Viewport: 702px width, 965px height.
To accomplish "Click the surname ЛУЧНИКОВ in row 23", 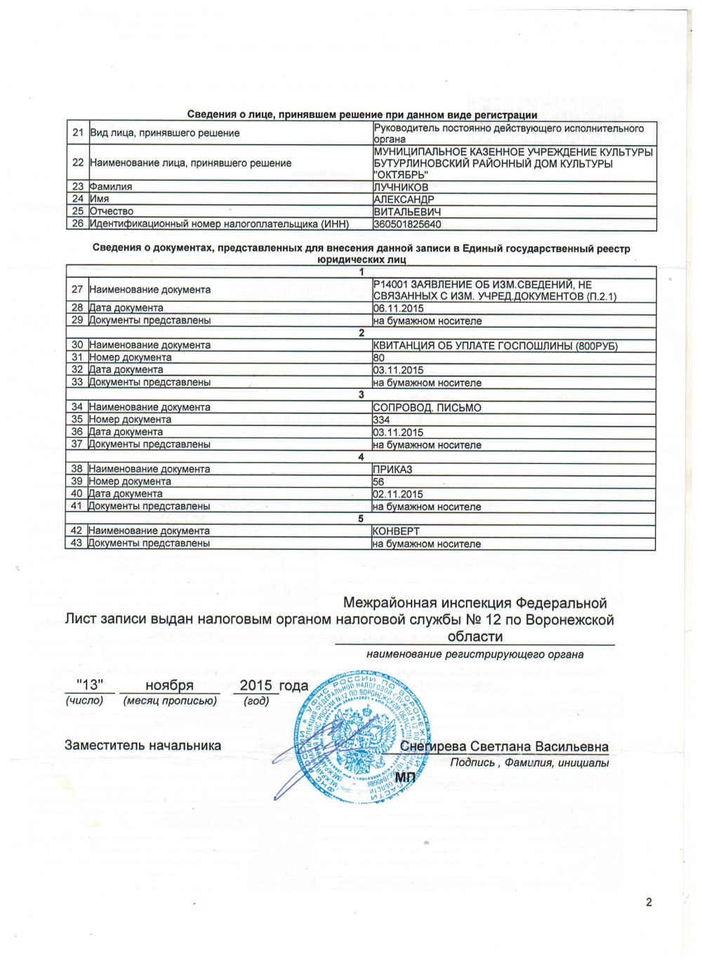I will [x=401, y=187].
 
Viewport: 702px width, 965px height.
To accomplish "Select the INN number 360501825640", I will [x=407, y=225].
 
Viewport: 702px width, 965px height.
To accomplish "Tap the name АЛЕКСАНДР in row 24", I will [x=404, y=199].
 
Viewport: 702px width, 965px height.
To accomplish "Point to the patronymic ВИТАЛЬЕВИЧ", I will [x=407, y=212].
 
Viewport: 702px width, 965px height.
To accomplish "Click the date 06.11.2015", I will [x=398, y=308].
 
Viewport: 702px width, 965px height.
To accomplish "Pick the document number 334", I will [x=381, y=420].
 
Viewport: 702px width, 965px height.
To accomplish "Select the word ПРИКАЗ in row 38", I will [x=392, y=469].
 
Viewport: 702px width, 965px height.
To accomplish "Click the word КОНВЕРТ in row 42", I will [x=396, y=531].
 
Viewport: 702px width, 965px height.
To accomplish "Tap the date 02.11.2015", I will [x=398, y=494].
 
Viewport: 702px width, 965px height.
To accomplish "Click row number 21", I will [x=77, y=133].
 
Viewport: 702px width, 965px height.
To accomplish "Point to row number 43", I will [x=77, y=543].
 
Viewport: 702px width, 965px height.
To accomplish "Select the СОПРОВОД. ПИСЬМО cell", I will [x=427, y=408].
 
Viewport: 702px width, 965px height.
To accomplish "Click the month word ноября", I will [x=169, y=686].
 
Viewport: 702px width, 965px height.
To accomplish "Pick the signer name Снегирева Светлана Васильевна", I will [x=504, y=747].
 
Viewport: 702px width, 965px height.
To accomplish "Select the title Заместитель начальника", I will [x=143, y=745].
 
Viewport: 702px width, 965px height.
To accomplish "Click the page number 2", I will [x=649, y=902].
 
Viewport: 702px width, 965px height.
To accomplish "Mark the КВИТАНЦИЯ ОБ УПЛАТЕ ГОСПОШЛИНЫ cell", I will [x=495, y=346].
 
